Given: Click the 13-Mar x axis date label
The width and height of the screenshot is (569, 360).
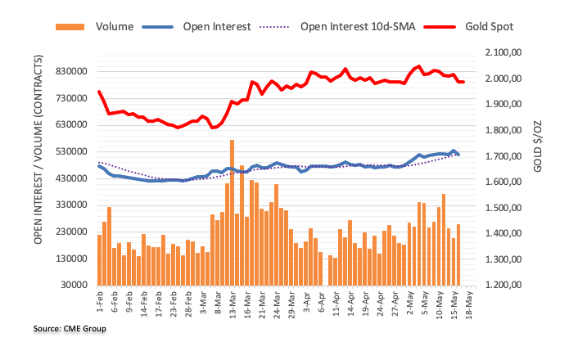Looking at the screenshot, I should (233, 303).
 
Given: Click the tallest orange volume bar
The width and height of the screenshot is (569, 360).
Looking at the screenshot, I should (232, 213).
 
